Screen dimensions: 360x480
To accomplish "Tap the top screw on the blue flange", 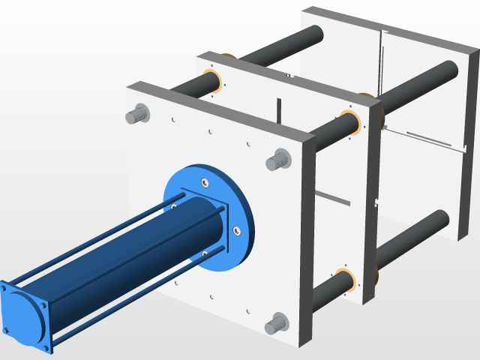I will pos(204,181).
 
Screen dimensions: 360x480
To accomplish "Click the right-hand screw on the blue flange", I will pos(236,230).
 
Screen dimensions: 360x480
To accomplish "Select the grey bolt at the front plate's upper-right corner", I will pos(278,159).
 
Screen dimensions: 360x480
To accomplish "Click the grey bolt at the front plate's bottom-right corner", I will pos(276,323).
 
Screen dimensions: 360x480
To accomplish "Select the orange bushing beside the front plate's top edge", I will pos(211,82).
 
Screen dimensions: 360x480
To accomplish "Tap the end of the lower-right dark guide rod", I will pos(441,220).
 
